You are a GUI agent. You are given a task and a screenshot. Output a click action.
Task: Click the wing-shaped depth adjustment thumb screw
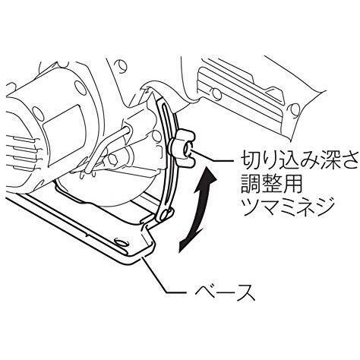183,148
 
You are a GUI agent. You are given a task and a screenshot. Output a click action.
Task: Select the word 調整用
271,185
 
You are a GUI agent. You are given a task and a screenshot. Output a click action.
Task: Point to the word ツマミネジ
287,208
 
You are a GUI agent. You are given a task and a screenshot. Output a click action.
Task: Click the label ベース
225,293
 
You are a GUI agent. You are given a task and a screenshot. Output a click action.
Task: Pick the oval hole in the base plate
121,242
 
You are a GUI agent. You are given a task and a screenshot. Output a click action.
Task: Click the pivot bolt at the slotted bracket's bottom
166,214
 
